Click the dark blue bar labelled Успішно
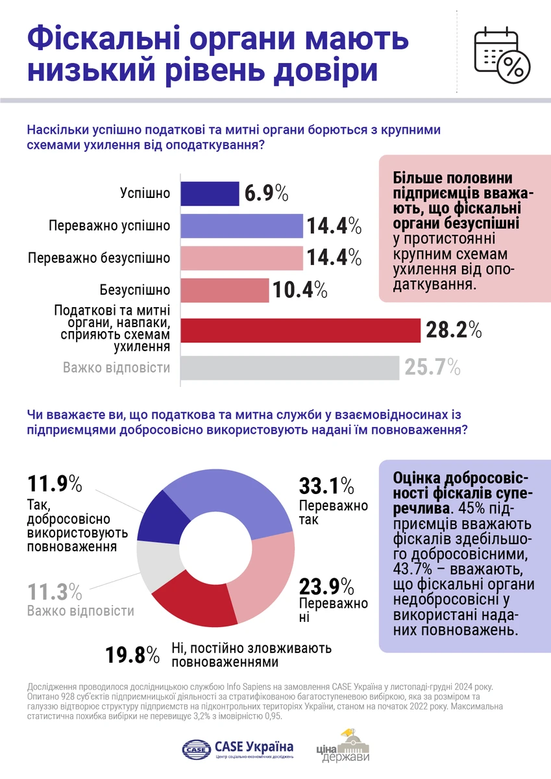click(x=209, y=193)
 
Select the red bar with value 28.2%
click(x=300, y=330)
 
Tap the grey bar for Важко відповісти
click(x=289, y=367)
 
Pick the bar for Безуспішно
click(x=224, y=290)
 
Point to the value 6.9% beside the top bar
click(x=267, y=193)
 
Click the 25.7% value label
click(x=432, y=368)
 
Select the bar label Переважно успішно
click(x=109, y=226)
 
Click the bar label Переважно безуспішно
click(x=99, y=258)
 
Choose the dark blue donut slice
click(x=155, y=519)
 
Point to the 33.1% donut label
click(x=326, y=485)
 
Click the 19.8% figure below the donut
click(x=132, y=654)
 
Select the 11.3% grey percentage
click(x=55, y=592)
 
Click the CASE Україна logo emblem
click(x=196, y=748)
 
